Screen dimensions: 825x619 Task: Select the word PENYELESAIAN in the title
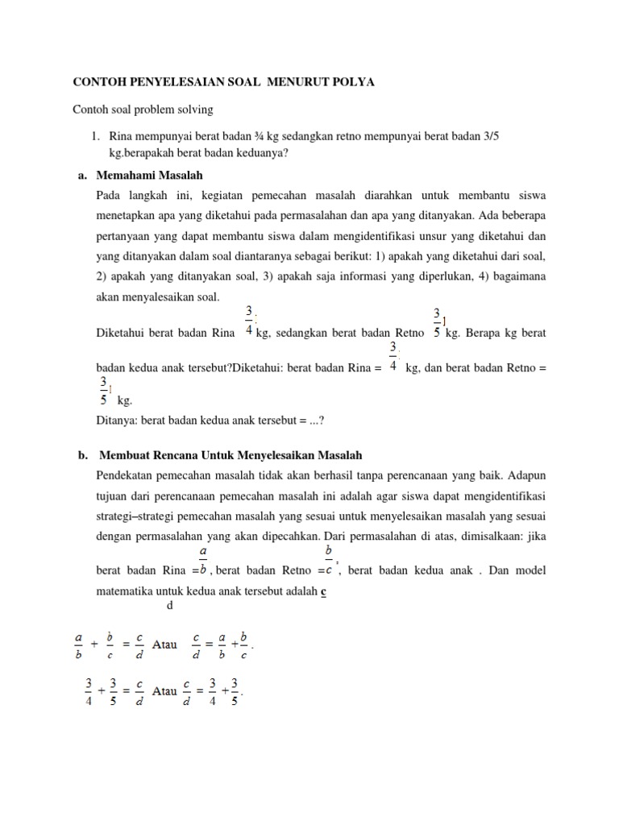pos(172,82)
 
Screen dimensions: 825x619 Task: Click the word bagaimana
pos(515,276)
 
